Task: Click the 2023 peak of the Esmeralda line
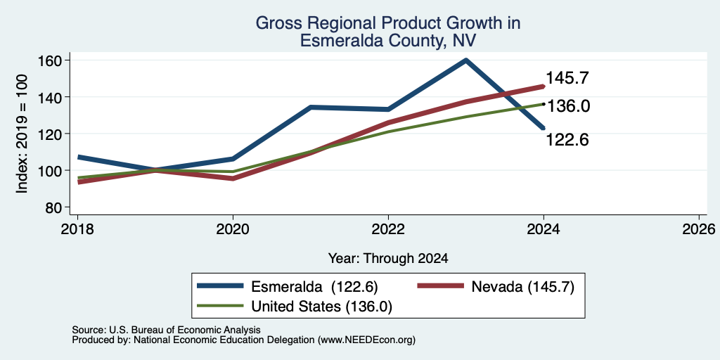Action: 465,60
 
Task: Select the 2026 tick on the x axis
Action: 699,229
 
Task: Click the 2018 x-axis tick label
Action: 77,229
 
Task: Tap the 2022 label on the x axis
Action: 388,229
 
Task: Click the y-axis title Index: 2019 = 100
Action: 22,134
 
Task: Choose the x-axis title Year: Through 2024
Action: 388,259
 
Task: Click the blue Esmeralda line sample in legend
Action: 220,286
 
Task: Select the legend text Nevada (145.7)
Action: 522,287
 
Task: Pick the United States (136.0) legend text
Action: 321,307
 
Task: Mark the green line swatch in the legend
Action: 220,305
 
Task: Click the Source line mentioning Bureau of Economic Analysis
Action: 166,330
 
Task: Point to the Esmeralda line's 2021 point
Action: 310,108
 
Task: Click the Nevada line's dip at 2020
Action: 233,178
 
